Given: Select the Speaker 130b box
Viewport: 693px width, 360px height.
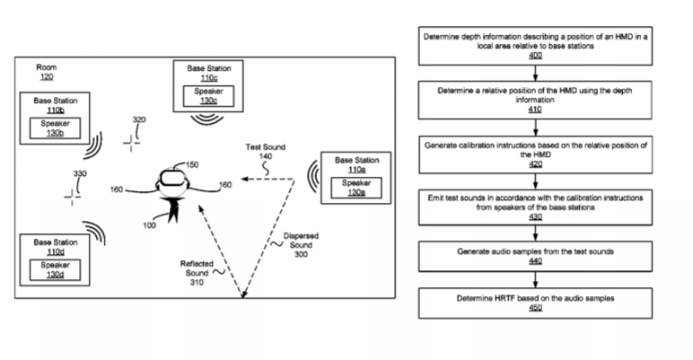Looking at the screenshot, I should (x=56, y=127).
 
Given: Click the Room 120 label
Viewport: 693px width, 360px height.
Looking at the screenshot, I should (x=46, y=73).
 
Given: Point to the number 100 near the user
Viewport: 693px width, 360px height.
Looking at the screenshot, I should (x=149, y=224).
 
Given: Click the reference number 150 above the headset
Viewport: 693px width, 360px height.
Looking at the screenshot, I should (x=191, y=164).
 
